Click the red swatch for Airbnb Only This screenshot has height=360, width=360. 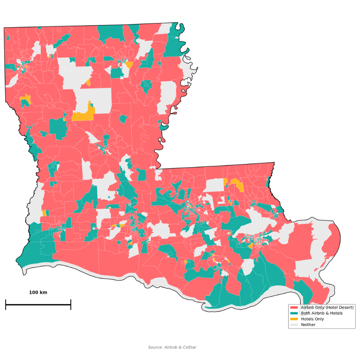click(x=294, y=307)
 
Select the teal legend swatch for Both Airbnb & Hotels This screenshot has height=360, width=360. click(x=294, y=313)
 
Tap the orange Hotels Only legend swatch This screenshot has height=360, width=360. click(x=294, y=319)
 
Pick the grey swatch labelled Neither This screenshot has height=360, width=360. click(x=294, y=325)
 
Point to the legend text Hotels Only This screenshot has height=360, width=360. click(x=312, y=319)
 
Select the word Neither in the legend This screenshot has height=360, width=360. click(x=308, y=325)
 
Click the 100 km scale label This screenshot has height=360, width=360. click(x=38, y=292)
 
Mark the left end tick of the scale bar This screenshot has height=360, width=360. click(x=6, y=304)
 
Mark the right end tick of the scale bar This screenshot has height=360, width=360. click(x=71, y=304)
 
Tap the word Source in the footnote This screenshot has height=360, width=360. click(x=155, y=347)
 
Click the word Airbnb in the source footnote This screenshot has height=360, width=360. click(x=171, y=347)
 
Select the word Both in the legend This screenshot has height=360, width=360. click(x=306, y=313)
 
